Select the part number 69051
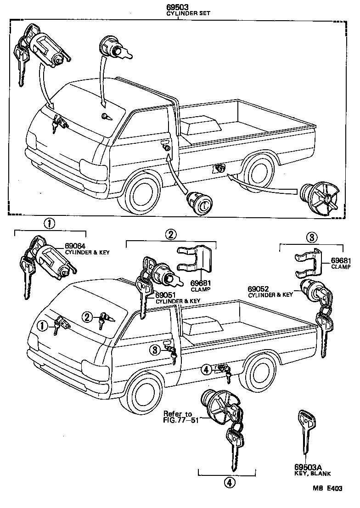tap(166, 295)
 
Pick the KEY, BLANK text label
tap(312, 474)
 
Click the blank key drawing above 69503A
tap(305, 431)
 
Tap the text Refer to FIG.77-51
tap(180, 417)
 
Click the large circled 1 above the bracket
tap(50, 224)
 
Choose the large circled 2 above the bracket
tap(170, 234)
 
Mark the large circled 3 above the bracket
tap(311, 237)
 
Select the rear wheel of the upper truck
tap(260, 174)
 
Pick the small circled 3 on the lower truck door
tap(156, 350)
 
